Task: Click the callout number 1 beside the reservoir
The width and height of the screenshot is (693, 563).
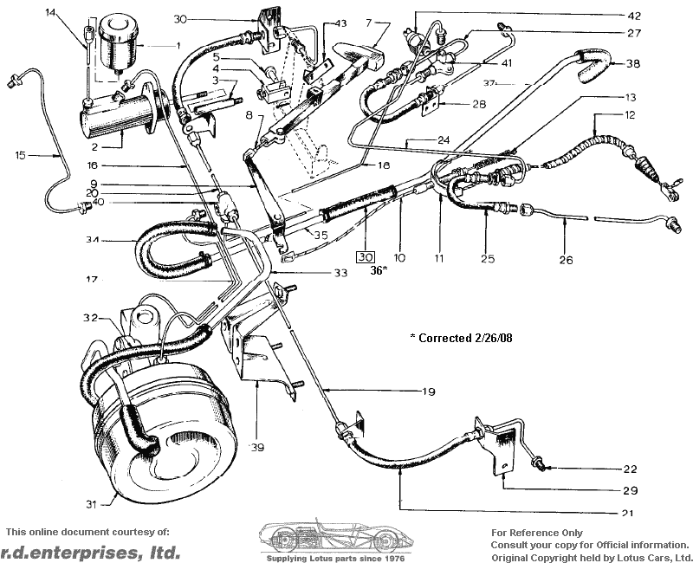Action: point(177,45)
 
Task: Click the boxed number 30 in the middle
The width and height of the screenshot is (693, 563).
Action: point(365,257)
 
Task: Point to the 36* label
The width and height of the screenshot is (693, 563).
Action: point(378,271)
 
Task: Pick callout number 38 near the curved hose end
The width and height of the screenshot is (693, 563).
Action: point(633,63)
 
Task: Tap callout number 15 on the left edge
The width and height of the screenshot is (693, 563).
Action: point(21,156)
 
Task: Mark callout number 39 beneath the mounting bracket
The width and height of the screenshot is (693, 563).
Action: point(256,447)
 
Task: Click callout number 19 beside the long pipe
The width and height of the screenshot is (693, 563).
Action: point(428,392)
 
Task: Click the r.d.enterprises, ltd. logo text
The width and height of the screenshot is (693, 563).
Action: point(90,552)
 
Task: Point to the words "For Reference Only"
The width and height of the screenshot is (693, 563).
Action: point(536,533)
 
